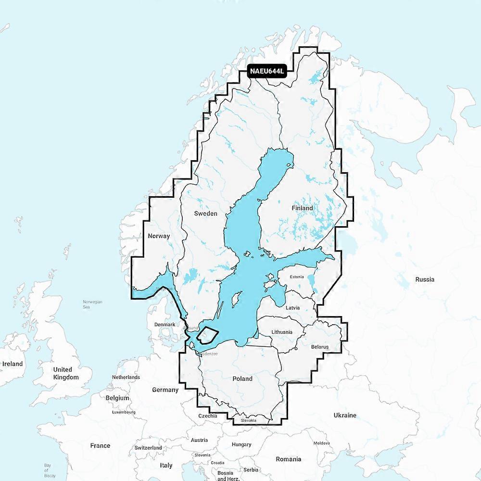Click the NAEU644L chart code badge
(x=267, y=71)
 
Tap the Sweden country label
(x=205, y=213)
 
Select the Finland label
(x=302, y=208)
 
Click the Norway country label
(x=159, y=236)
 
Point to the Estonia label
(x=297, y=277)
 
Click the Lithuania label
(x=281, y=332)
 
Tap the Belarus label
(x=319, y=346)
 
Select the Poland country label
(x=242, y=379)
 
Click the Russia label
(x=425, y=279)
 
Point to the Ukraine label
(x=345, y=415)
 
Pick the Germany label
(x=165, y=390)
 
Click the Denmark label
(x=165, y=325)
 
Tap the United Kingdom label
(x=66, y=373)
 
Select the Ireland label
(x=13, y=364)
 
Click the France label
(x=100, y=445)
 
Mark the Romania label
(x=289, y=459)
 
